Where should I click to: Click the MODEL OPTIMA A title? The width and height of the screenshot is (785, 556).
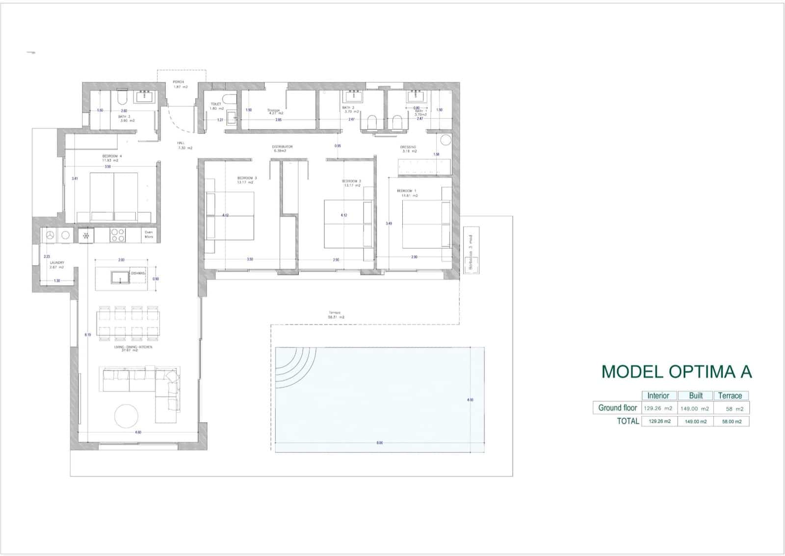click(676, 371)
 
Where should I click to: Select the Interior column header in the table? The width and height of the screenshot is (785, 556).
click(658, 396)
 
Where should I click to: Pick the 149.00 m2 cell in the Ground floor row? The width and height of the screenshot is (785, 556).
click(695, 408)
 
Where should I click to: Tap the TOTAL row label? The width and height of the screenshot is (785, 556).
click(628, 421)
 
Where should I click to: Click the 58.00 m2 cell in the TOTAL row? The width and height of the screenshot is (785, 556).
click(731, 421)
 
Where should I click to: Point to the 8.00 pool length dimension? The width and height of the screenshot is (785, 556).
click(379, 443)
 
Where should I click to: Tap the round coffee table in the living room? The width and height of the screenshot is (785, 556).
click(127, 416)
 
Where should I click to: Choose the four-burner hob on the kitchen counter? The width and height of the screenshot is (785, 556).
click(118, 236)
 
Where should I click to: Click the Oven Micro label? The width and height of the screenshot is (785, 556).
click(148, 235)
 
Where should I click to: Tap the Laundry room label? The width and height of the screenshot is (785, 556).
click(57, 265)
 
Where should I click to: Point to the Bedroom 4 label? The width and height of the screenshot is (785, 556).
click(110, 158)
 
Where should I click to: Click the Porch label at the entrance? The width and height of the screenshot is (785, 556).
click(179, 84)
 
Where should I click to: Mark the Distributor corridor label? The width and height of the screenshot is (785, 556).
click(282, 148)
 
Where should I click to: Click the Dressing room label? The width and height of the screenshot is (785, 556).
click(408, 149)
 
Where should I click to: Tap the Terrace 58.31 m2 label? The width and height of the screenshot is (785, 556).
click(336, 315)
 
